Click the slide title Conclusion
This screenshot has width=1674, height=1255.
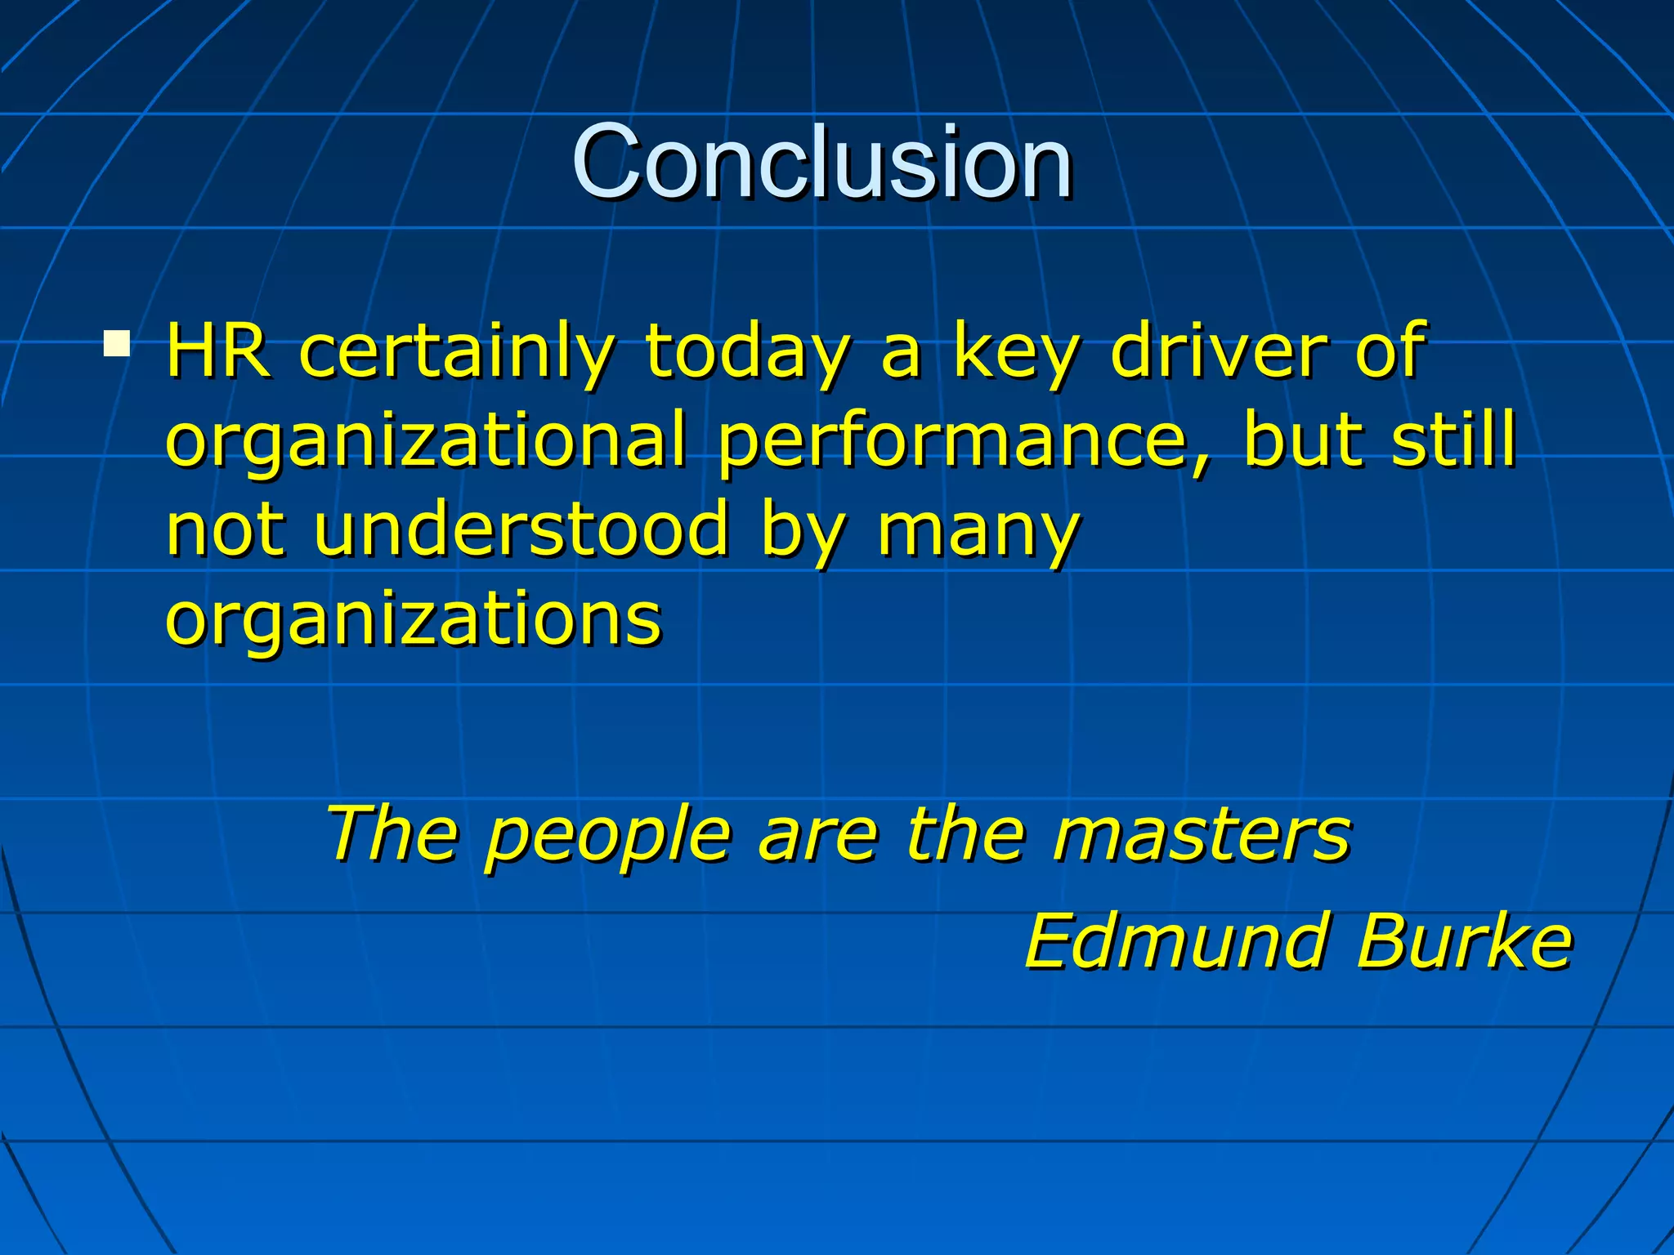(x=821, y=161)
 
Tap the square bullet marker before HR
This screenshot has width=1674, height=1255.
(x=117, y=344)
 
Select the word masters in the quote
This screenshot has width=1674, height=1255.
(x=1202, y=835)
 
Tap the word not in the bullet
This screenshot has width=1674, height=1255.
(x=225, y=529)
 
